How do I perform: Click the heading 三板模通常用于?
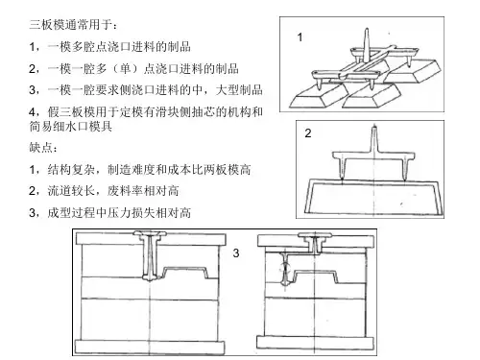coord(73,25)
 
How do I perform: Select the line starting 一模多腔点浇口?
coord(110,47)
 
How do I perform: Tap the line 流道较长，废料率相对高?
coord(104,191)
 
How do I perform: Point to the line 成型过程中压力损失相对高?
coord(110,212)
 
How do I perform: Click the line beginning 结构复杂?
coord(140,169)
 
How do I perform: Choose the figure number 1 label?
coord(300,37)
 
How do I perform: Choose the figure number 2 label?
coord(308,133)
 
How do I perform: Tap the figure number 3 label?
coord(236,253)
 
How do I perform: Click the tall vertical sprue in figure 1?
coord(367,44)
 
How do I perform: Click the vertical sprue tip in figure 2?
coord(374,127)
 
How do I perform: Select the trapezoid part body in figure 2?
coord(374,196)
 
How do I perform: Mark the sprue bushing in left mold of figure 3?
coord(150,255)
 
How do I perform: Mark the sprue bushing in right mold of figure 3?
coord(315,242)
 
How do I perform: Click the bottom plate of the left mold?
coord(150,348)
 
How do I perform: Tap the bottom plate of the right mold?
coord(315,343)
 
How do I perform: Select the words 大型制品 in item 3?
coord(239,90)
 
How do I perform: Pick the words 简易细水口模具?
coord(70,127)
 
